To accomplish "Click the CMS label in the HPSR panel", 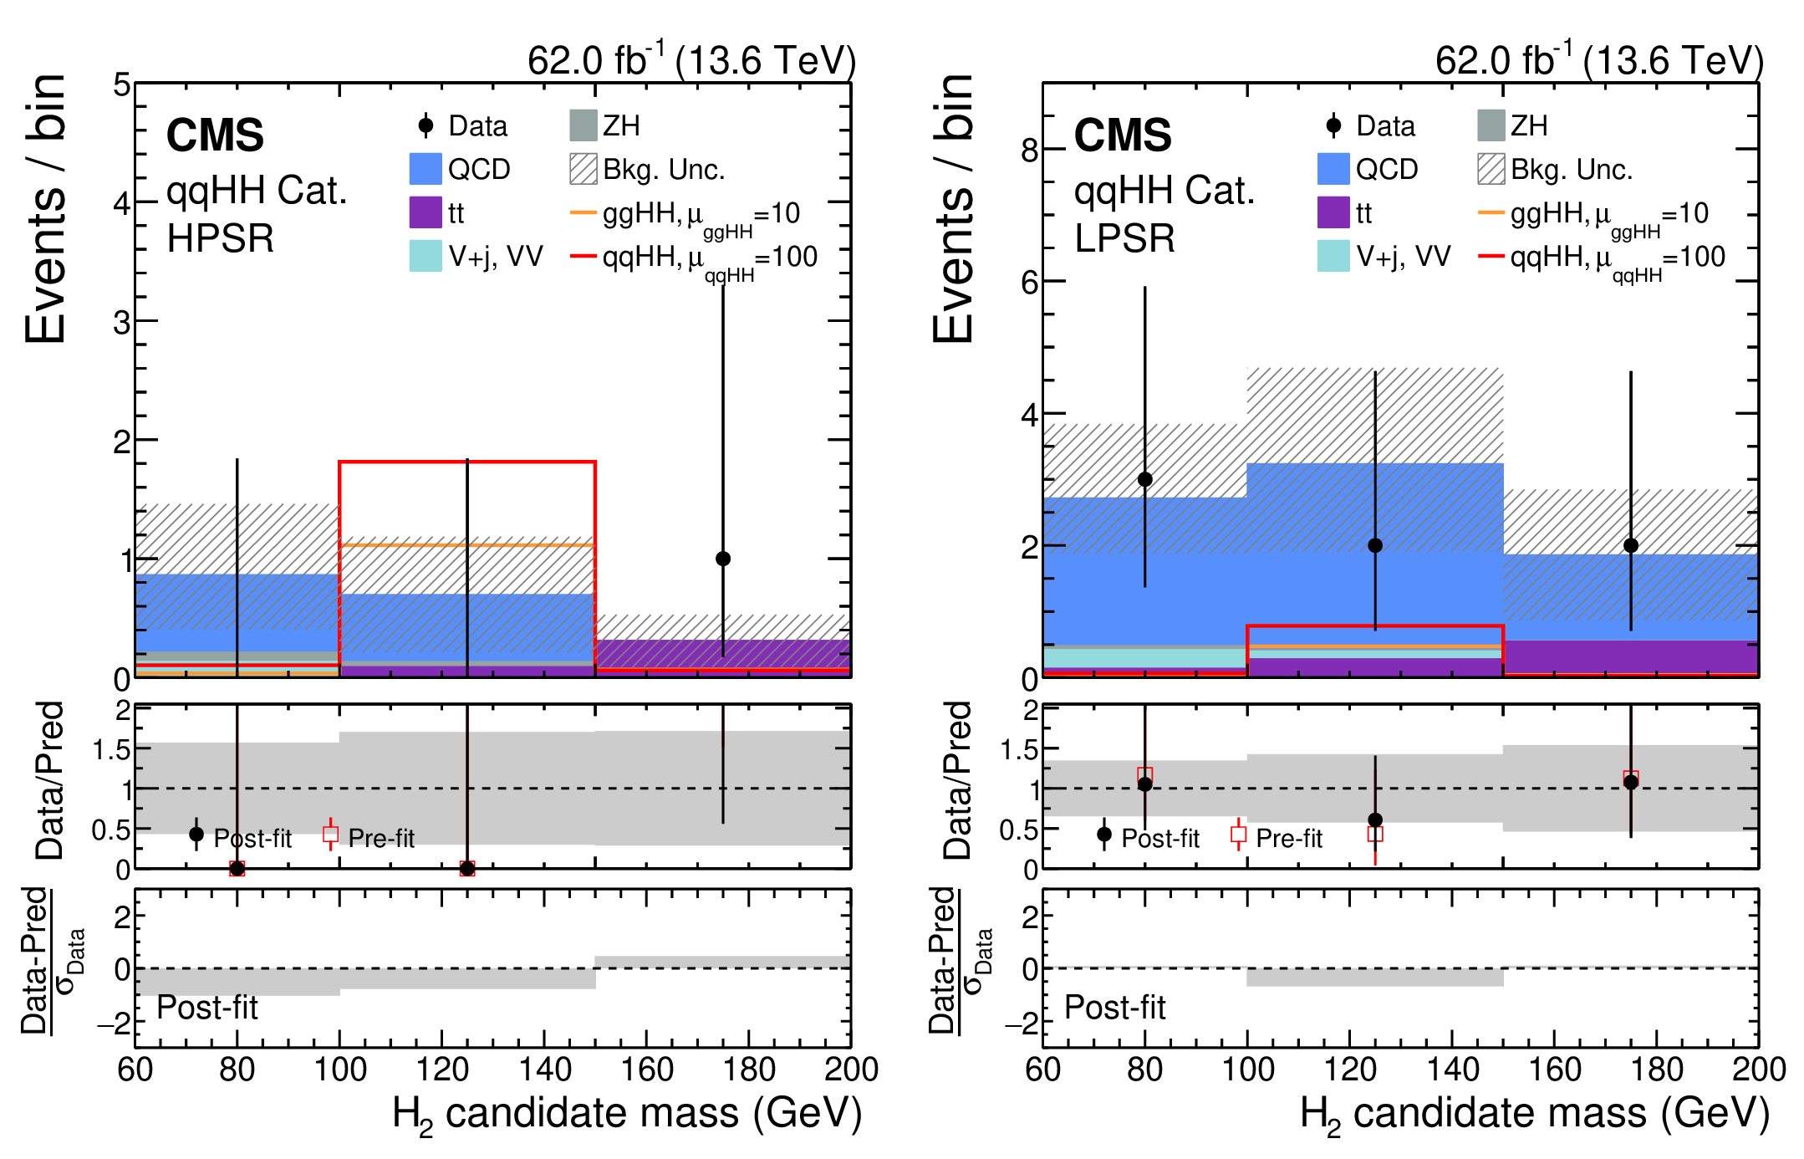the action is (215, 135).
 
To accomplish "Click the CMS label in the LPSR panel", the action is (1123, 135).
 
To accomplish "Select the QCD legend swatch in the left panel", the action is (425, 169).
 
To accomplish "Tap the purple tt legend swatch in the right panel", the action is (1333, 212).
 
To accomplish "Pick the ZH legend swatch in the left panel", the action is (583, 125).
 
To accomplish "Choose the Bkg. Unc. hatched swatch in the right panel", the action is (1491, 169).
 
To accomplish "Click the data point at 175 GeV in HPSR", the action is (723, 559).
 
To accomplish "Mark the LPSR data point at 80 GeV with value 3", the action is (1145, 479).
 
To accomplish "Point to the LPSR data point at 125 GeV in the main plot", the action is (1375, 545).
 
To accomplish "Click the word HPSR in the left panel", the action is (221, 238).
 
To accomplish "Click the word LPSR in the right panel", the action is (1125, 238).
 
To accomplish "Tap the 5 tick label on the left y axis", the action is (122, 85).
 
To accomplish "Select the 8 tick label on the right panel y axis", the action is (1030, 151).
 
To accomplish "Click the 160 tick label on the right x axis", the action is (1555, 1070).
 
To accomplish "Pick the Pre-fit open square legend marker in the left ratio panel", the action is (331, 835).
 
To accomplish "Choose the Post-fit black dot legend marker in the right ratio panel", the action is (1104, 835).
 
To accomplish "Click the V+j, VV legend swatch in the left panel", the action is (425, 256).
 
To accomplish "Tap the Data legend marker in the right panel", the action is (1333, 125).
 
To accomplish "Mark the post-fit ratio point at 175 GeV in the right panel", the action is (1631, 782).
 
